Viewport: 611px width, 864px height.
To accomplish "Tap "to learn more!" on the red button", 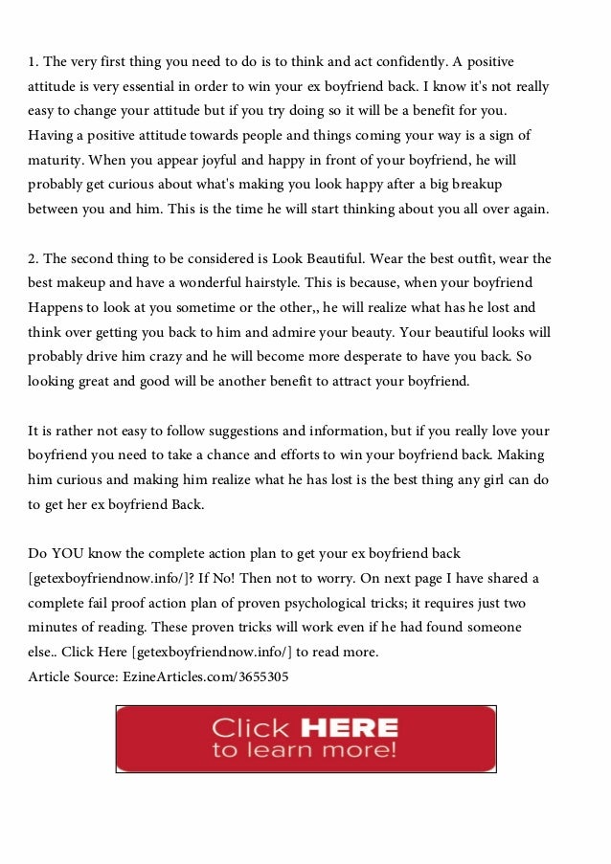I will pos(305,751).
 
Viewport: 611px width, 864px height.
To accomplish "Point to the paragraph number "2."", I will pos(34,259).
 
